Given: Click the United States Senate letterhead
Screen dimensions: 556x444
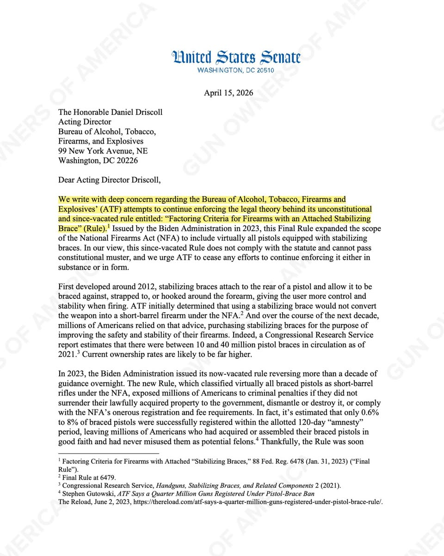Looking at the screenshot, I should coord(236,58).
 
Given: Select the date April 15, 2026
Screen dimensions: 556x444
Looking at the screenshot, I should coord(228,93).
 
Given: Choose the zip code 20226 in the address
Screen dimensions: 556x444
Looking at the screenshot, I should coord(126,161).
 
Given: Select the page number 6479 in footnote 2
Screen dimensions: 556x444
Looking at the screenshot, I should coord(107,477).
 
